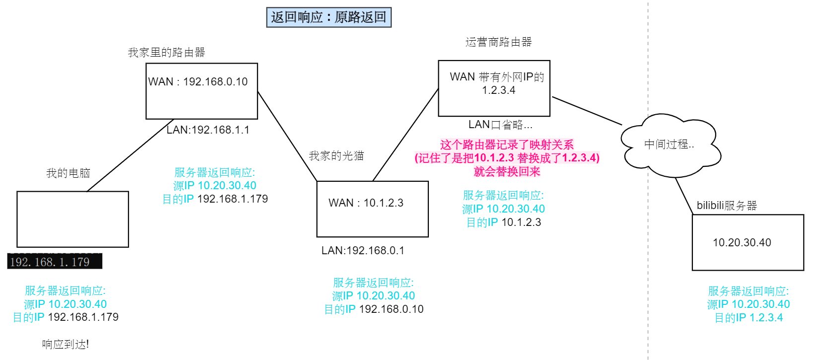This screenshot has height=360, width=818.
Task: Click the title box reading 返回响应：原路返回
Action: tap(329, 17)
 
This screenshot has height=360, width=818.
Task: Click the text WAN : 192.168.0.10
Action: tap(198, 82)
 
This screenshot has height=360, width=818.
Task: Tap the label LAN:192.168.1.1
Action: tap(207, 130)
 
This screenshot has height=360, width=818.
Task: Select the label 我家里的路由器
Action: tap(166, 53)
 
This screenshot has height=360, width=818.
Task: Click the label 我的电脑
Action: tap(68, 173)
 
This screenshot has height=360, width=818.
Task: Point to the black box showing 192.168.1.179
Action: tap(54, 262)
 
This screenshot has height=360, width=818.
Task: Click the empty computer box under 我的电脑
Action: tap(72, 219)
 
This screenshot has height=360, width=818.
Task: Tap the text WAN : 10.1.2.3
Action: tap(366, 203)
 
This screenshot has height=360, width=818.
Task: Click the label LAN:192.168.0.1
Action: tap(362, 251)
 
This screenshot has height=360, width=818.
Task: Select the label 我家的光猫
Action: tap(336, 156)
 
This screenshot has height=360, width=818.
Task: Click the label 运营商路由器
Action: tap(498, 42)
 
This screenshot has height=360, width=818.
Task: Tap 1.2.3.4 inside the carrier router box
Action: tap(498, 90)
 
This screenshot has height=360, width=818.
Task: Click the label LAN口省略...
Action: tap(500, 125)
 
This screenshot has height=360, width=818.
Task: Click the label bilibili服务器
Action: tap(726, 206)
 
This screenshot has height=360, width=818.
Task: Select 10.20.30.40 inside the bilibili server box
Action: tap(742, 243)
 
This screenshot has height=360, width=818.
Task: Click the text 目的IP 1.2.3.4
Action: tap(748, 318)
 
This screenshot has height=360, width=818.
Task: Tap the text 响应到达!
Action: tap(65, 344)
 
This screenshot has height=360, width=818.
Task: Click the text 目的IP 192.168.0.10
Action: tap(373, 309)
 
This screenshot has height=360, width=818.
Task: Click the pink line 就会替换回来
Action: tap(507, 172)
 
